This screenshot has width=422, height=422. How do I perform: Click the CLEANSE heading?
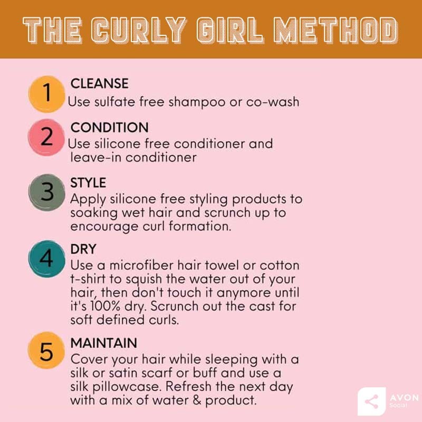(x=100, y=83)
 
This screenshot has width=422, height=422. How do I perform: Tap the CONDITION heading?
(x=110, y=128)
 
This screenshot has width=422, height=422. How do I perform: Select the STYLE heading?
(x=88, y=183)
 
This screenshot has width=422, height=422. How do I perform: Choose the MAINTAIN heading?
(x=104, y=343)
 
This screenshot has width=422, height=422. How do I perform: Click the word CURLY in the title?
(x=141, y=30)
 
